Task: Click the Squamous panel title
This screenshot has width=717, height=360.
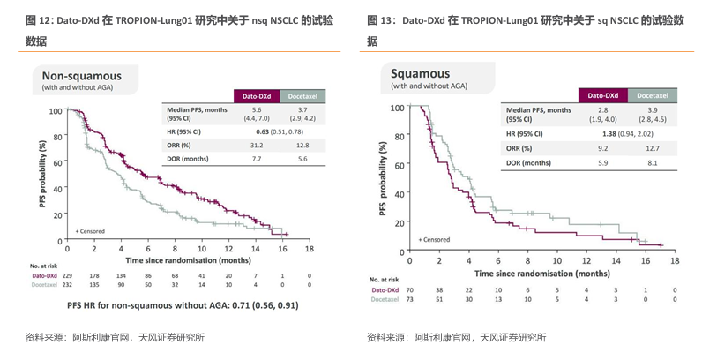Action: coord(420,73)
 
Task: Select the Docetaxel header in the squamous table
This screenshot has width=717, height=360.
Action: coord(652,94)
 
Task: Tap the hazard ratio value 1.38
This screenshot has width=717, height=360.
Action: coord(608,134)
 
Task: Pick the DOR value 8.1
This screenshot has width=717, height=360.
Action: coord(653,162)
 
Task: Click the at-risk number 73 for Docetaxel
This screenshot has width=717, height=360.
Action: coord(409,298)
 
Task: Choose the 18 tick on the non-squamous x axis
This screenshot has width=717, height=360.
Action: coord(309,249)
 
